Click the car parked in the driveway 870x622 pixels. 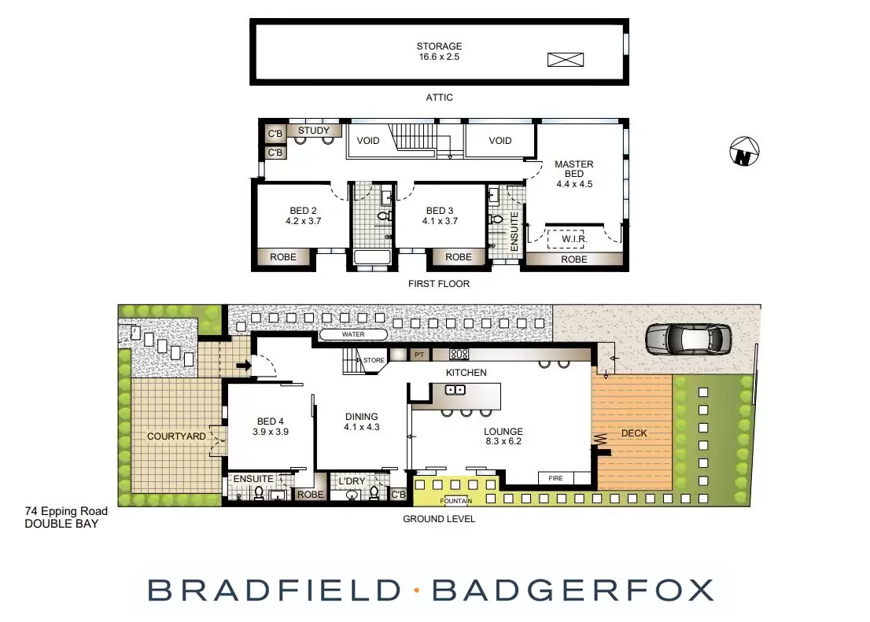688,339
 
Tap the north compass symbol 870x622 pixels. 743,152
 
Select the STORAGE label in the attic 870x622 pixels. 440,46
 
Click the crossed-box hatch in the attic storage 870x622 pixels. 566,59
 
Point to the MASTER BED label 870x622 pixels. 574,169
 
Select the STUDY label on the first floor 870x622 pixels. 314,131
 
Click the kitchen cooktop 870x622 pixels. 459,354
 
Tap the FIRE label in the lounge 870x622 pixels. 556,477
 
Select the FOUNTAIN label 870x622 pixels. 456,501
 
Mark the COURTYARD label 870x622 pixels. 176,436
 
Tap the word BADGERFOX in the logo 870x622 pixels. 573,590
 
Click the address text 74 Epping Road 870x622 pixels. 66,512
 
